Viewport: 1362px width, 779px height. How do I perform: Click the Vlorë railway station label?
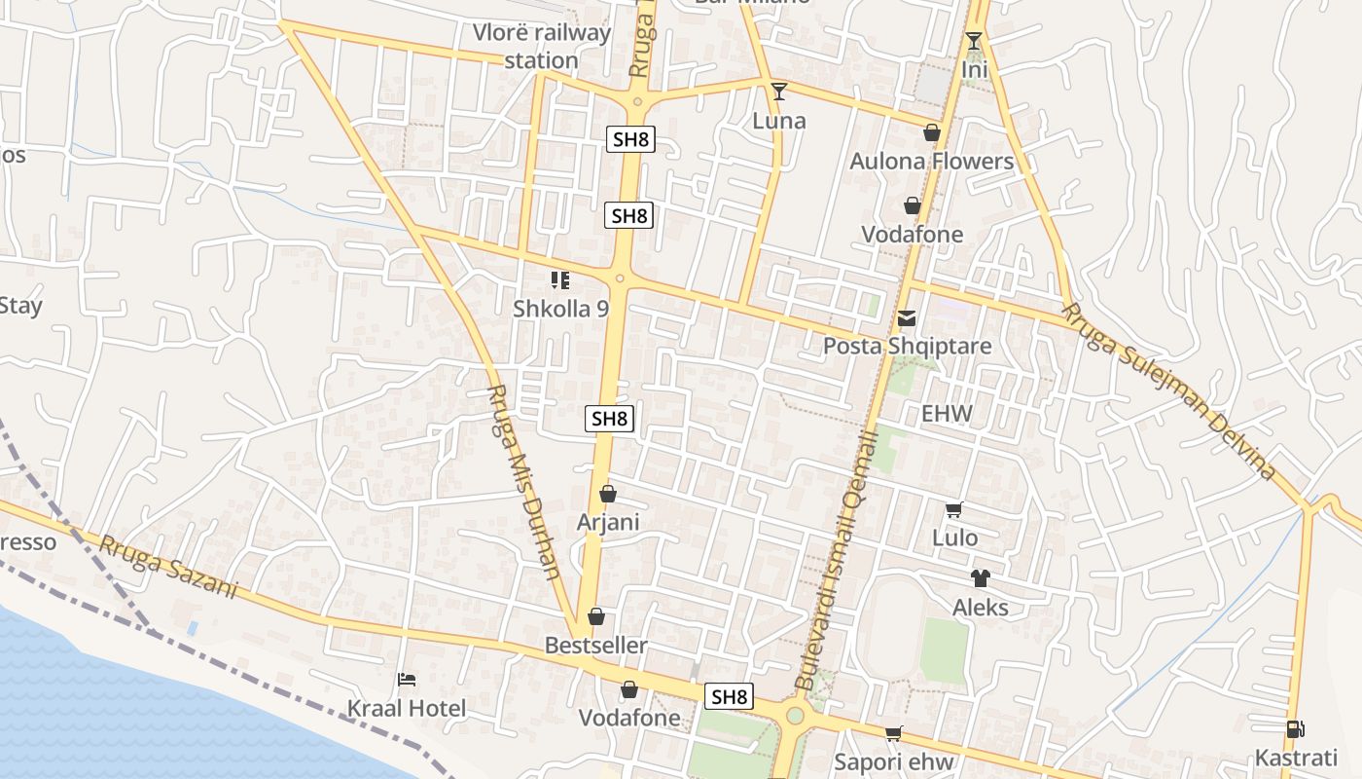pyautogui.click(x=542, y=46)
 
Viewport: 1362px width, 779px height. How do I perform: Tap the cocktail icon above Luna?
pyautogui.click(x=778, y=92)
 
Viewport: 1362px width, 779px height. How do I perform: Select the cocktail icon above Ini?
pyautogui.click(x=974, y=41)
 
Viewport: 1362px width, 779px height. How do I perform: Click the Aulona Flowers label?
pyautogui.click(x=932, y=161)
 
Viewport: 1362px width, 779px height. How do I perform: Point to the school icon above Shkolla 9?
pyautogui.click(x=560, y=280)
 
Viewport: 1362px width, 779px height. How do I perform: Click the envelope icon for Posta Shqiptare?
pyautogui.click(x=907, y=317)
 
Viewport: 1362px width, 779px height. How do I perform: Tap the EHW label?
pyautogui.click(x=947, y=413)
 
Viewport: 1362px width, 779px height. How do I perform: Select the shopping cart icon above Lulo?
pyautogui.click(x=954, y=509)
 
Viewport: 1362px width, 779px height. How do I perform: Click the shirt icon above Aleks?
pyautogui.click(x=980, y=578)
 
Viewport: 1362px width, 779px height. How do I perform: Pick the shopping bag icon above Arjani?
pyautogui.click(x=608, y=494)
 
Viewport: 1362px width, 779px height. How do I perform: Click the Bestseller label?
pyautogui.click(x=595, y=645)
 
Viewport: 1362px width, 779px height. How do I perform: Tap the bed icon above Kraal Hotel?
pyautogui.click(x=407, y=679)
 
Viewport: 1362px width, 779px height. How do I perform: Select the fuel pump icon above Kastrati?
pyautogui.click(x=1295, y=728)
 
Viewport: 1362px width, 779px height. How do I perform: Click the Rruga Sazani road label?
pyautogui.click(x=167, y=568)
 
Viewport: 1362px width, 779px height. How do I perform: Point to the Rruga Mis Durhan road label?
pyautogui.click(x=523, y=495)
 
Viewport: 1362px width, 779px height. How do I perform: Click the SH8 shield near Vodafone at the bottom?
pyautogui.click(x=730, y=696)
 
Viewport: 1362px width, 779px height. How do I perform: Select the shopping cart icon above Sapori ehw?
pyautogui.click(x=893, y=733)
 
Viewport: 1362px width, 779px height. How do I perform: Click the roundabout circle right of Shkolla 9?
pyautogui.click(x=620, y=278)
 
